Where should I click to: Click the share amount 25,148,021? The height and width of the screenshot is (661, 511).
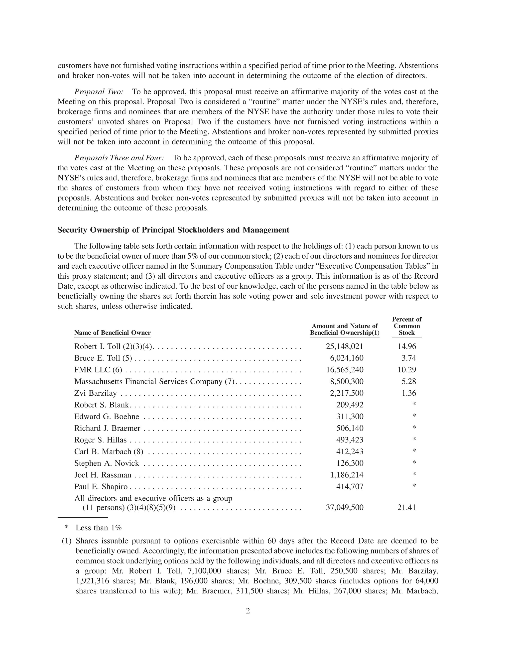[x=345, y=346]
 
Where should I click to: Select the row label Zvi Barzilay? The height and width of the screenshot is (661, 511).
[x=95, y=393]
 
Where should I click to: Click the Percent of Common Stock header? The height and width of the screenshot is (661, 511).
[x=406, y=326]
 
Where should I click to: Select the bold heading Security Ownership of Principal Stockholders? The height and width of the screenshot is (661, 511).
[x=173, y=230]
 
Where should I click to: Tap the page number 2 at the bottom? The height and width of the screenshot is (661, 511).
[x=248, y=611]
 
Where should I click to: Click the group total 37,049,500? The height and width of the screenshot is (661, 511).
[x=345, y=508]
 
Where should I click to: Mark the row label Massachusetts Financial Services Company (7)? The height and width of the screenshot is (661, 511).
[x=154, y=381]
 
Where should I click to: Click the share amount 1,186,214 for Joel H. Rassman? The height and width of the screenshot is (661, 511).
[x=347, y=475]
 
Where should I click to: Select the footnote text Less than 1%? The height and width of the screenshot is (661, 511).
[x=98, y=528]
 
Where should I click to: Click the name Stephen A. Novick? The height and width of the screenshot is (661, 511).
[x=107, y=463]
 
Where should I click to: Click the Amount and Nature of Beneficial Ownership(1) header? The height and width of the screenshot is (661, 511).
[x=345, y=329]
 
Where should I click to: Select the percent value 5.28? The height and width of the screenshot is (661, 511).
[x=409, y=381]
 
